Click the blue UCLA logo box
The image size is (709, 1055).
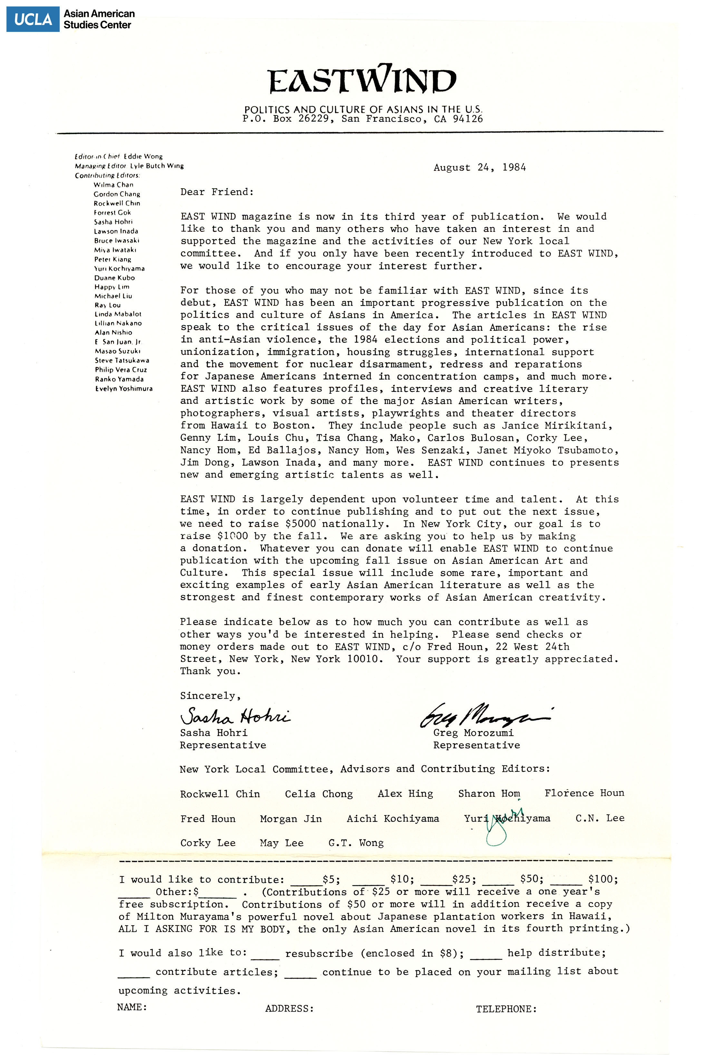tap(33, 19)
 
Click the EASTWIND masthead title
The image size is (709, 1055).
tap(361, 80)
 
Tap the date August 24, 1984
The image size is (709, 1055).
tap(480, 168)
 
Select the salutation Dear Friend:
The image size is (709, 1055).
tap(217, 192)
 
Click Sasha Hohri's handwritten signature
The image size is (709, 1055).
tap(235, 716)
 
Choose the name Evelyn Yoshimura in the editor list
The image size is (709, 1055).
tap(123, 389)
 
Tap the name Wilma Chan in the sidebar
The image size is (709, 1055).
tap(113, 185)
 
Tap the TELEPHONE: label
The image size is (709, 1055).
tap(506, 1009)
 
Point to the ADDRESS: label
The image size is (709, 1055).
tap(289, 1009)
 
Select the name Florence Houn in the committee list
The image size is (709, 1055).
tap(584, 793)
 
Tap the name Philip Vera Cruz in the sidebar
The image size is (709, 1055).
tap(121, 370)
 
